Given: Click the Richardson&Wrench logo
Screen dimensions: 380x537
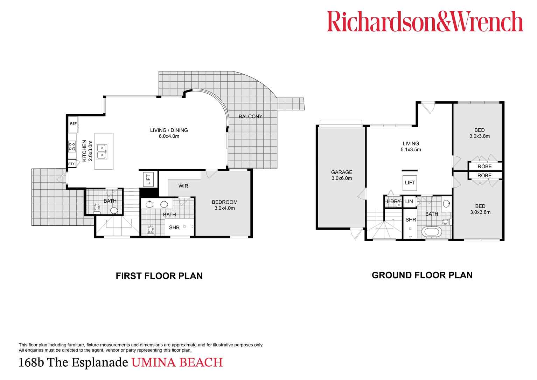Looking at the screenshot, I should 425,22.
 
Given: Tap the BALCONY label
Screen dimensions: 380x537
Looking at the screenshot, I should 250,116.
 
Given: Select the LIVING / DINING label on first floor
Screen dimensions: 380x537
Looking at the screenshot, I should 169,133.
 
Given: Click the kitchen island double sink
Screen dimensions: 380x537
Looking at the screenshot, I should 102,151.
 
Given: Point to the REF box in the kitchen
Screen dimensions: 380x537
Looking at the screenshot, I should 73,124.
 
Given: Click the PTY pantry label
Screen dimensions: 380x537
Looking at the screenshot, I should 71,164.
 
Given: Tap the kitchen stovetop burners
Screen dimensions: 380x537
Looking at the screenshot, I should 72,146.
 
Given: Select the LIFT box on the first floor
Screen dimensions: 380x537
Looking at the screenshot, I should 148,179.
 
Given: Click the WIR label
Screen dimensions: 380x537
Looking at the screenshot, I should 183,186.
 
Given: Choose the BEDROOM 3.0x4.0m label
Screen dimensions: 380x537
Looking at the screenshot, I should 224,205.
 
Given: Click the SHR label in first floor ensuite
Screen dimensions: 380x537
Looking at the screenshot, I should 174,228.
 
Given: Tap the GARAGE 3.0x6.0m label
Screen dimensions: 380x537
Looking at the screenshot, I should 342,175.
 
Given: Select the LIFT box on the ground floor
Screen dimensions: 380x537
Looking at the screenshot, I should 410,183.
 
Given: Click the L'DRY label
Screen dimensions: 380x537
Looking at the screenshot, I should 393,202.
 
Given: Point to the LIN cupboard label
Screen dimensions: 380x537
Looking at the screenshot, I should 409,202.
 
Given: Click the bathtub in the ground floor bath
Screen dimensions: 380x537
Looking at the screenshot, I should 432,232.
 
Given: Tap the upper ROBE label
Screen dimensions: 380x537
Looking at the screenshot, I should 484,167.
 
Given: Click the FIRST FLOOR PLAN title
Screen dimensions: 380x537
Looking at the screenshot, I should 159,276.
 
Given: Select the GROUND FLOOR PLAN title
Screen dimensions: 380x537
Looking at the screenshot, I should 422,275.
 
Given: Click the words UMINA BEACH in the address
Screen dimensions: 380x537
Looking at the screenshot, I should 177,362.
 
